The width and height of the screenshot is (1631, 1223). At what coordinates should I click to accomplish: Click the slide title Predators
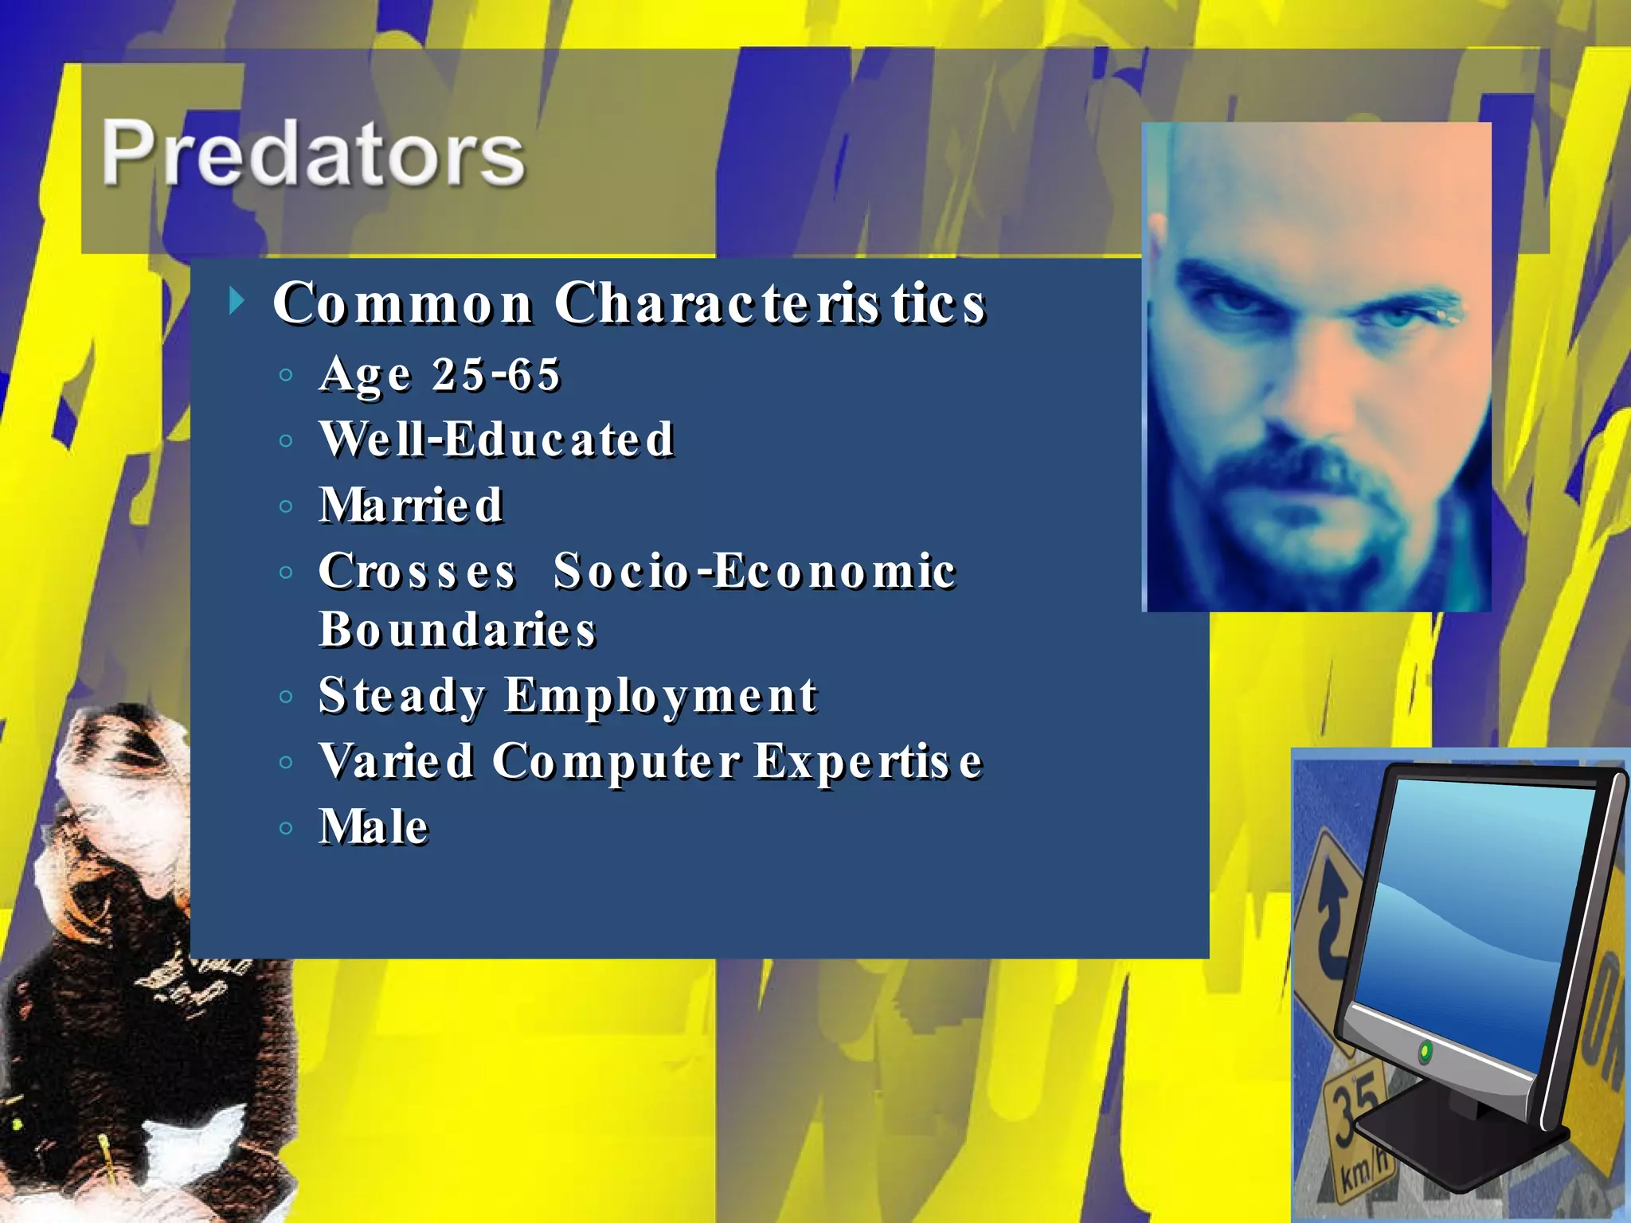(x=312, y=153)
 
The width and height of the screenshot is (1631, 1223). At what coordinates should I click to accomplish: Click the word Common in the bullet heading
(x=402, y=303)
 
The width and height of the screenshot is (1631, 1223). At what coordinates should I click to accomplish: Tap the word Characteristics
(x=770, y=303)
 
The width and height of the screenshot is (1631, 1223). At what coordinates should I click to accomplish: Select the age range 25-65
(x=495, y=374)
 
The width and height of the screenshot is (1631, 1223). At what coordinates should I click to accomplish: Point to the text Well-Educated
(x=496, y=440)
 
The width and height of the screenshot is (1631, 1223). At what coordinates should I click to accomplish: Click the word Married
(x=411, y=506)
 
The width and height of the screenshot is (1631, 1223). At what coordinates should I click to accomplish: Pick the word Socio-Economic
(x=754, y=571)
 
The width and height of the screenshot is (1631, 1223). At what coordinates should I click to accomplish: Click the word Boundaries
(x=457, y=630)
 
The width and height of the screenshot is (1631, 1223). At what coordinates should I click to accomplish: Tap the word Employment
(x=660, y=696)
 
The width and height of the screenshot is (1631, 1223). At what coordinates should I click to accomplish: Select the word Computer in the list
(x=616, y=761)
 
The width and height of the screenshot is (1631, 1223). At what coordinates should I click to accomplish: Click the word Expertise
(x=868, y=761)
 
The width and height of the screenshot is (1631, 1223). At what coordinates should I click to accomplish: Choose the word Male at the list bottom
(x=374, y=826)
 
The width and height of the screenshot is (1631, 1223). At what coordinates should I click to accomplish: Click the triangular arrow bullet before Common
(x=236, y=302)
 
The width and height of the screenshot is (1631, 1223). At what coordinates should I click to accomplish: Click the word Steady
(x=401, y=696)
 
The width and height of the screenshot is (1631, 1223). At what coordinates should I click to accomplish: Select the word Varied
(x=396, y=761)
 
